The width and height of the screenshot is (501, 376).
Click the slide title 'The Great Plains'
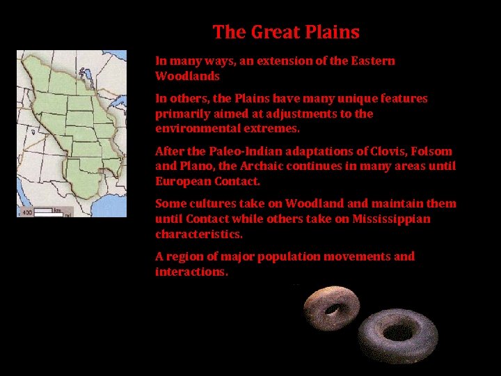pos(286,32)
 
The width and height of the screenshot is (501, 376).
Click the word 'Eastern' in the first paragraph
pos(372,61)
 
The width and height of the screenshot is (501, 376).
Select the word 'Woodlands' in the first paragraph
pos(187,76)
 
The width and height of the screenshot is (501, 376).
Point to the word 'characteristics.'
pos(199,234)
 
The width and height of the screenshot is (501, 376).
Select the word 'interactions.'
pos(191,272)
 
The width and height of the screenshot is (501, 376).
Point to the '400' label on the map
pos(26,212)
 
